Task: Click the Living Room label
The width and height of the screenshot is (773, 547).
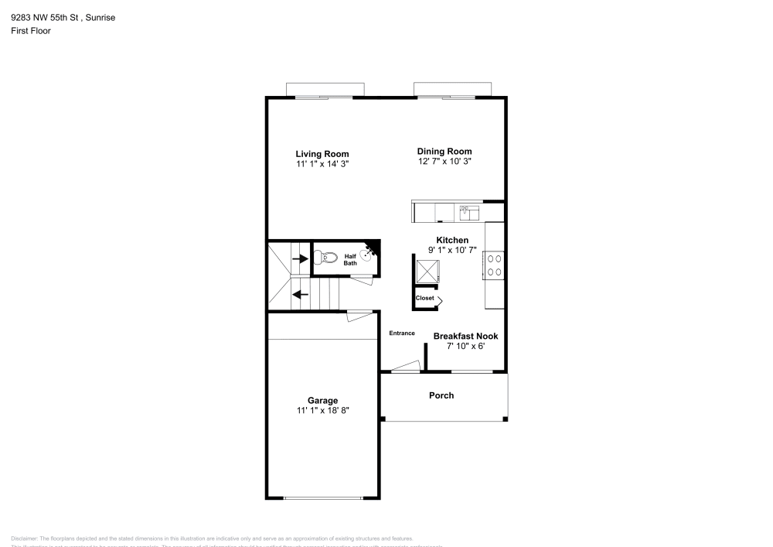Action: point(322,154)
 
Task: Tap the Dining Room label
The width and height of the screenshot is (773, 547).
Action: point(444,152)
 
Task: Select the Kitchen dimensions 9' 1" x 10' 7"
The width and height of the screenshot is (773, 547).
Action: point(452,251)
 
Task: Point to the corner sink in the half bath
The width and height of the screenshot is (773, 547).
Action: point(373,251)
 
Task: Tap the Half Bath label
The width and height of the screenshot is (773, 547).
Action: point(350,260)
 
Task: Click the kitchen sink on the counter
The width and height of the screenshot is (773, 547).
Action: point(468,211)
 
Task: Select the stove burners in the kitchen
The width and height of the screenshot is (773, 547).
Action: point(495,265)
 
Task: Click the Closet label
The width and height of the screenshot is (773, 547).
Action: point(424,298)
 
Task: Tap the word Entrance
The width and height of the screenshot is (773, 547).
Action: point(401,333)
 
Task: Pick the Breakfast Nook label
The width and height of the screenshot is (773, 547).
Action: point(465,337)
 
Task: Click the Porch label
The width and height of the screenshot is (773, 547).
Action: point(441,395)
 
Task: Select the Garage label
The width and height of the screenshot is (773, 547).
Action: point(322,401)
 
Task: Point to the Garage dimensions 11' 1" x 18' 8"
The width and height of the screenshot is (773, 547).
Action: point(322,411)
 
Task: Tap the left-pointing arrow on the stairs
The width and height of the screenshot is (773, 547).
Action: point(300,294)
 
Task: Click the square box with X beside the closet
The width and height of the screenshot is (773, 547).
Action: point(427,271)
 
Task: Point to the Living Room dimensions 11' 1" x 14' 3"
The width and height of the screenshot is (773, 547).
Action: point(322,165)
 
